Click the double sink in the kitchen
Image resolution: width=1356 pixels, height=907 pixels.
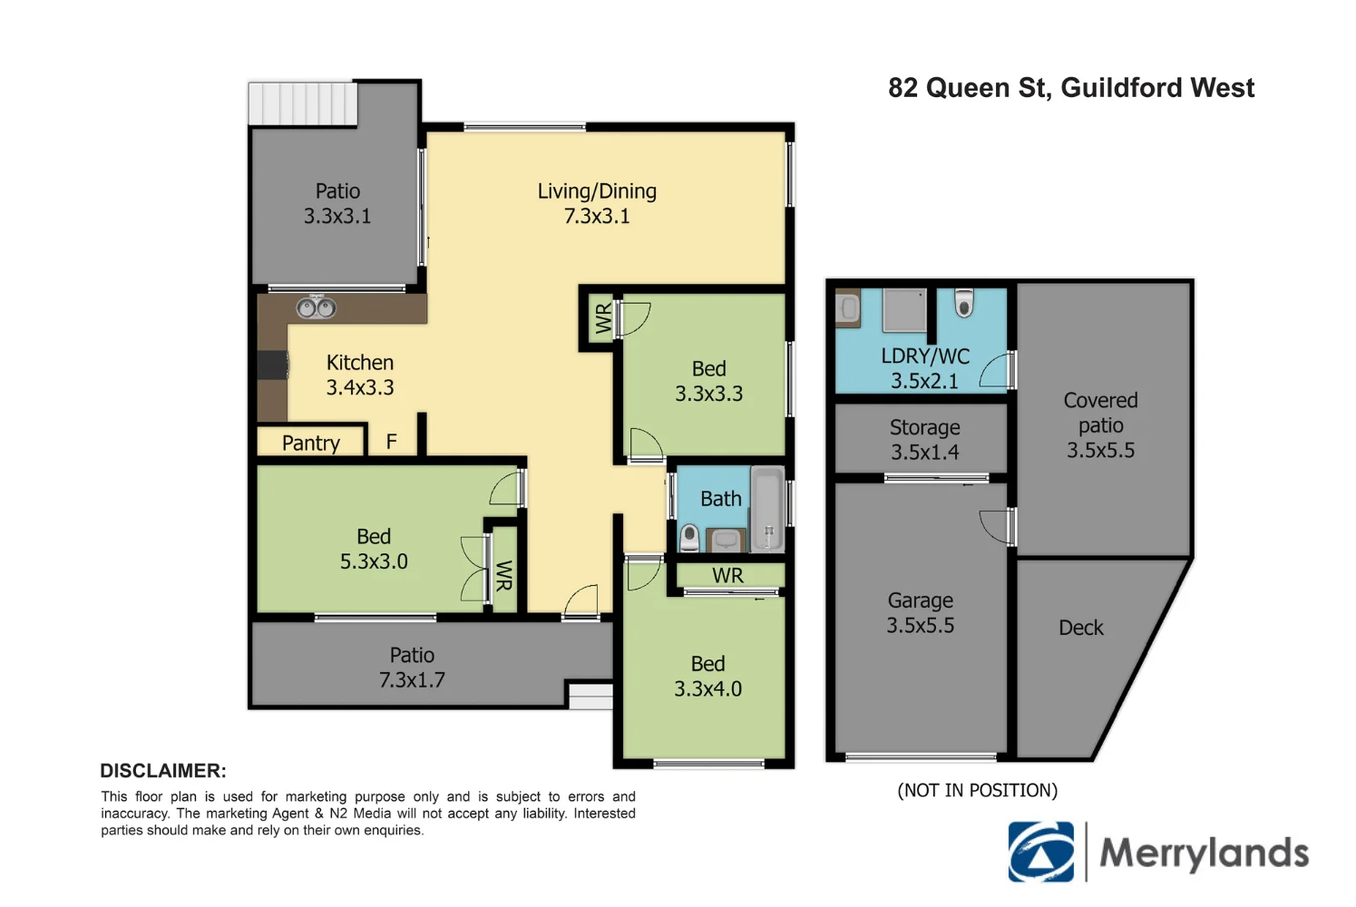click(316, 308)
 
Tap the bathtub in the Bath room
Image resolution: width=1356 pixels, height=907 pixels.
click(767, 509)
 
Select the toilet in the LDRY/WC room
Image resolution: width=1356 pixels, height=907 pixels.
click(964, 304)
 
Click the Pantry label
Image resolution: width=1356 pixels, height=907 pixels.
click(311, 443)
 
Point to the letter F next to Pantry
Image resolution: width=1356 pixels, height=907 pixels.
click(391, 442)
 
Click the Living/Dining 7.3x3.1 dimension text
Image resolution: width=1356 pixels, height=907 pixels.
click(597, 216)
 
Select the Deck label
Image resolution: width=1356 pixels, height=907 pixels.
click(1080, 628)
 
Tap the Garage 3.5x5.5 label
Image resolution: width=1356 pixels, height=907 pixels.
click(920, 613)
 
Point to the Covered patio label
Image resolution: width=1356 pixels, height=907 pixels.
click(1100, 425)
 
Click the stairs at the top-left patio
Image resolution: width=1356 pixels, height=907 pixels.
click(303, 103)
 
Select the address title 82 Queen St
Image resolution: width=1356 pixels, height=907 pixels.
click(1070, 88)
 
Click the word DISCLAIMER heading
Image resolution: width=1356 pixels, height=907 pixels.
click(163, 771)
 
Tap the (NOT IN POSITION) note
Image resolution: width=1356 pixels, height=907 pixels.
click(977, 790)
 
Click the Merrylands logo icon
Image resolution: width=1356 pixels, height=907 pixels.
click(1041, 852)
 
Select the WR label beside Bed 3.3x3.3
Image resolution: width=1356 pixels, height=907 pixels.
click(603, 318)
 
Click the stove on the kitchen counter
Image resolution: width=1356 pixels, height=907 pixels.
click(273, 365)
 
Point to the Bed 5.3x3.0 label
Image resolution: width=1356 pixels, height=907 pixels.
click(374, 549)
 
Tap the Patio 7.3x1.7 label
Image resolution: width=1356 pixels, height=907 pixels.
click(412, 668)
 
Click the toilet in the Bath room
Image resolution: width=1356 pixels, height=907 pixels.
click(689, 538)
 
